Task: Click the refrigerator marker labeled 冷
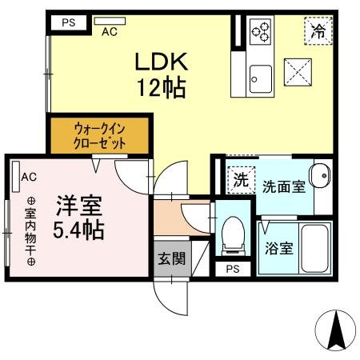(x=318, y=31)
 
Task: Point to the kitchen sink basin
(x=259, y=78)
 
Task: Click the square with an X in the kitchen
(x=300, y=74)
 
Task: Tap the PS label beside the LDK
(x=69, y=22)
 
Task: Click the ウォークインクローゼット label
(x=100, y=134)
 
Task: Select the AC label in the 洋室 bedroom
(x=28, y=177)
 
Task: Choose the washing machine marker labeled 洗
(x=239, y=180)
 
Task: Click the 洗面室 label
(x=283, y=186)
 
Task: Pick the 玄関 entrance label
(x=170, y=259)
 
